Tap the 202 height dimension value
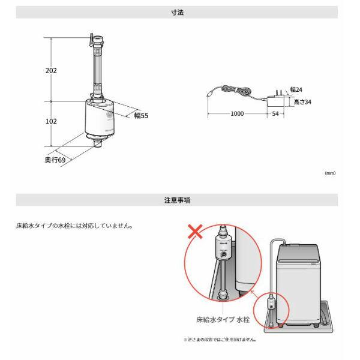pyautogui.click(x=51, y=70)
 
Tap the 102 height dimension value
pyautogui.click(x=51, y=121)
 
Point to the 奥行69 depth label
pyautogui.click(x=55, y=160)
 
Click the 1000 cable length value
pyautogui.click(x=236, y=113)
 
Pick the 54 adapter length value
pyautogui.click(x=275, y=113)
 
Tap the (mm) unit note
pyautogui.click(x=329, y=173)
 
